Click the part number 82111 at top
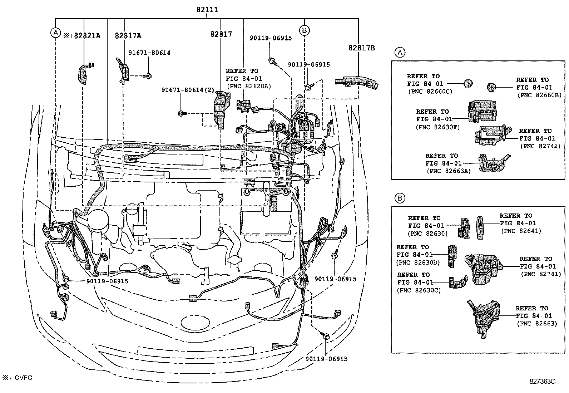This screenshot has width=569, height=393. click(207, 10)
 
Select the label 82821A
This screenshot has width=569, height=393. click(85, 36)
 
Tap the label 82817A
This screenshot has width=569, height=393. click(128, 36)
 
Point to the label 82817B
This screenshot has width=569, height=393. click(362, 48)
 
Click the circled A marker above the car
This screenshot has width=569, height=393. click(55, 33)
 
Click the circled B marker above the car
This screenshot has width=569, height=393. click(304, 30)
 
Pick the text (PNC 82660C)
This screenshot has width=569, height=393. click(430, 91)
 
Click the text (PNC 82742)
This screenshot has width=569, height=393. click(540, 146)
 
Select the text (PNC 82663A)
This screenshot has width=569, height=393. click(449, 171)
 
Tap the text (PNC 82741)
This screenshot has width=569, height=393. click(541, 274)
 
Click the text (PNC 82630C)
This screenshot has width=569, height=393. click(419, 290)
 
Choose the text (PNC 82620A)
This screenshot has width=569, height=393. click(249, 86)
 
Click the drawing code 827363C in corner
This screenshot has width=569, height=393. click(542, 381)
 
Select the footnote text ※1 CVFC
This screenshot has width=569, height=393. click(17, 378)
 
